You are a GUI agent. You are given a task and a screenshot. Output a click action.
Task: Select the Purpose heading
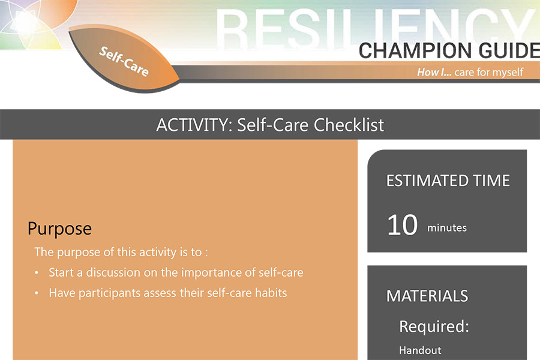(59, 229)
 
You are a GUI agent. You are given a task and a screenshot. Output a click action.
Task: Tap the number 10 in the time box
(402, 225)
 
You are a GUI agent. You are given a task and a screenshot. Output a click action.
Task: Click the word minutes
(447, 228)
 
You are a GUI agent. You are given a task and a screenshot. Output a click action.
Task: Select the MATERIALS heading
(427, 296)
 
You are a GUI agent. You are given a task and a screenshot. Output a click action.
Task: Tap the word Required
(434, 326)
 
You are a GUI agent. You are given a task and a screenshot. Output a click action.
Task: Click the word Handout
(420, 350)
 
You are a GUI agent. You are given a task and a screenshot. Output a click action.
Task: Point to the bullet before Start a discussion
(37, 273)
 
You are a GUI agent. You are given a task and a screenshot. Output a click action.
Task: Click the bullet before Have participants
(37, 293)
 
